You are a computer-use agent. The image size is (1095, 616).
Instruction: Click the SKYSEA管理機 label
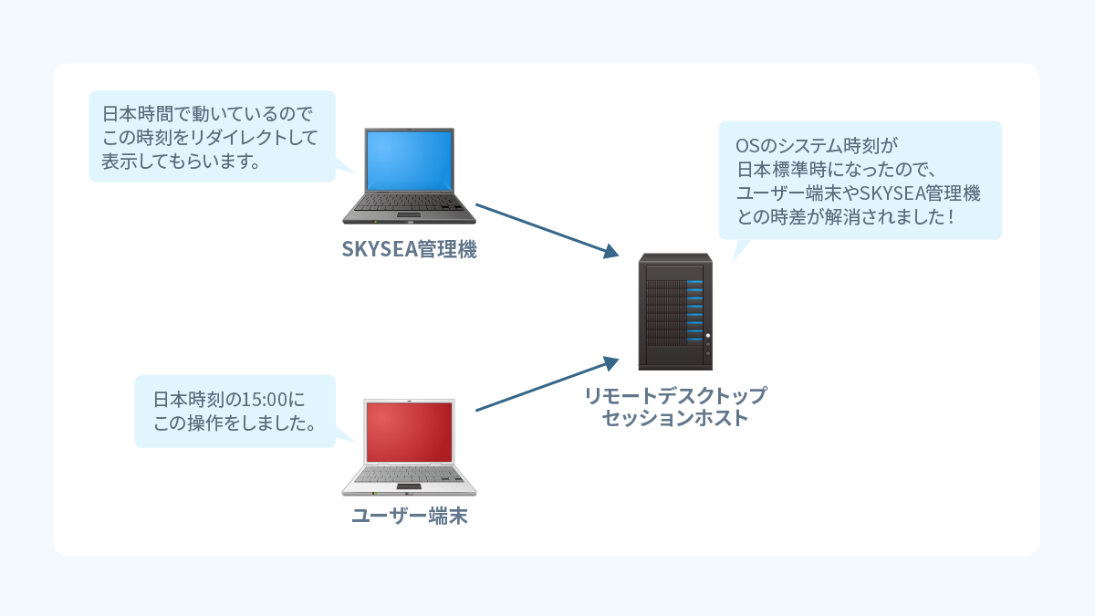point(409,249)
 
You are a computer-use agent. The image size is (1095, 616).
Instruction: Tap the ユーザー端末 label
point(410,517)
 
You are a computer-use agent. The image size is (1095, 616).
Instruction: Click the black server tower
point(675,310)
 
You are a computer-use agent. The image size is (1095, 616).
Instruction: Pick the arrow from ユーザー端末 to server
point(544,385)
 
